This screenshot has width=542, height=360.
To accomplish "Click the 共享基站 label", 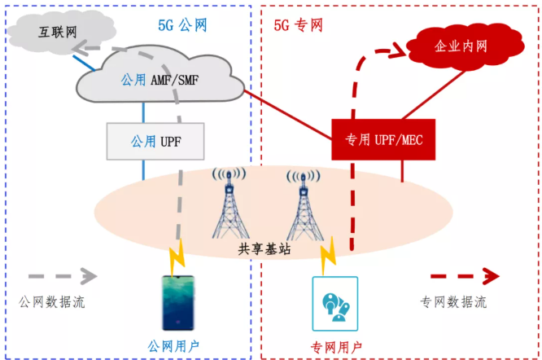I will [264, 249].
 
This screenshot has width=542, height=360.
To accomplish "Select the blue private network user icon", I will [334, 303].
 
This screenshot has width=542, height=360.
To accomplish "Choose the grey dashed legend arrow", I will [61, 276].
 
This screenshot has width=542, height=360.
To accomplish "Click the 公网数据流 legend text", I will [52, 302].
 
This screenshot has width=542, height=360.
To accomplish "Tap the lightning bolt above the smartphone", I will [175, 259].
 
